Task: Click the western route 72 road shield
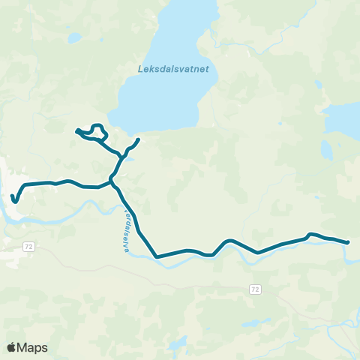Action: tap(28, 246)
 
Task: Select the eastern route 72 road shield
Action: tap(256, 289)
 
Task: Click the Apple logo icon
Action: tap(12, 347)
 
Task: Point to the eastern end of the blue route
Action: tap(348, 242)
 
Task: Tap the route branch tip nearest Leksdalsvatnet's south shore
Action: tap(138, 140)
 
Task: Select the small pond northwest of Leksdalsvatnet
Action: tap(73, 37)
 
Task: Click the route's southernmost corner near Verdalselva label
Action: tap(157, 257)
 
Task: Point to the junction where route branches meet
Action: tap(112, 180)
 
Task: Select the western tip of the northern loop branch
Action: tap(77, 132)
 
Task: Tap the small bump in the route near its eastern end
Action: tap(310, 235)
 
